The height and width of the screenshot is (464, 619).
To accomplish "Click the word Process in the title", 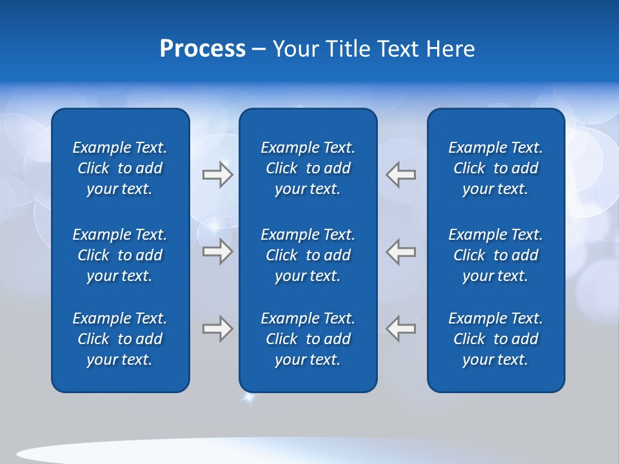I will [x=202, y=49].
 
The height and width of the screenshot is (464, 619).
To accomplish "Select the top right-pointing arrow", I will [x=217, y=175].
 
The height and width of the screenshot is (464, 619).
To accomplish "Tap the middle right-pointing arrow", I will [x=217, y=251].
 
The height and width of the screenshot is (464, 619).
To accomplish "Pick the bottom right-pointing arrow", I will [x=217, y=329].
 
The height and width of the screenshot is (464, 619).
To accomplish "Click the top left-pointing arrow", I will [x=400, y=175].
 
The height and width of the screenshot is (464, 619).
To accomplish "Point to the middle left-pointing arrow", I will [x=400, y=251].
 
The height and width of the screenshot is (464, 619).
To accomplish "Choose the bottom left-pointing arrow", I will [x=400, y=329].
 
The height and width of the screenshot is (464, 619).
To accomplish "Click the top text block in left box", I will [x=120, y=168].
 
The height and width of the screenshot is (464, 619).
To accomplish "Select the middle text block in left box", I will [x=120, y=255].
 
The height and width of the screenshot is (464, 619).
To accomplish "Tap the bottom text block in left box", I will [x=120, y=339].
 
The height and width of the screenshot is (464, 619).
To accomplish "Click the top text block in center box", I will [x=308, y=168].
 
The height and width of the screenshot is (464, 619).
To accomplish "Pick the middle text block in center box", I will [x=308, y=255].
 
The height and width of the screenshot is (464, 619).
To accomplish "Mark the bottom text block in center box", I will [x=308, y=339].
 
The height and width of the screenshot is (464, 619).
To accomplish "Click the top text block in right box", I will [x=496, y=168].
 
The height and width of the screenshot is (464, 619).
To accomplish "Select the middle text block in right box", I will [x=496, y=255].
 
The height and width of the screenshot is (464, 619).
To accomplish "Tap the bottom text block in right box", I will [x=496, y=339].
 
